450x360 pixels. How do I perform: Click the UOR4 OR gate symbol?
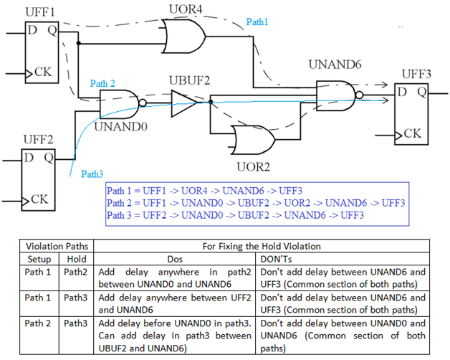click(x=183, y=36)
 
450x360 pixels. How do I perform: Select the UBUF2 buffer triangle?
click(x=183, y=103)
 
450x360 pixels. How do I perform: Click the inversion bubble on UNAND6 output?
click(x=359, y=95)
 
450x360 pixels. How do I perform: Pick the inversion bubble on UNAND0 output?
click(x=143, y=103)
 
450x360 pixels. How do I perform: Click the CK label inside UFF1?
click(x=43, y=72)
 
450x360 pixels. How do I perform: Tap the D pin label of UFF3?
click(x=402, y=92)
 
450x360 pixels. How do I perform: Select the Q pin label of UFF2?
click(x=49, y=158)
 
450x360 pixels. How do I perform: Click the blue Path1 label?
click(x=257, y=22)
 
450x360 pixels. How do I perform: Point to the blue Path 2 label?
click(x=102, y=83)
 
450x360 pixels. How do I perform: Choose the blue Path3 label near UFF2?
click(x=92, y=174)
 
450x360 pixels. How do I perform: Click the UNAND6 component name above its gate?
click(x=335, y=65)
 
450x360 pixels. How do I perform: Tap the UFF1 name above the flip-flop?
click(x=40, y=12)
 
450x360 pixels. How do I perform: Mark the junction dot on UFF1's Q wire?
click(x=78, y=43)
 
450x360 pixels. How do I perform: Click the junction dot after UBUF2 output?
click(x=211, y=102)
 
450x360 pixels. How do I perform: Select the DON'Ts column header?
click(x=276, y=259)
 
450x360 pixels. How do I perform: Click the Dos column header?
click(x=175, y=259)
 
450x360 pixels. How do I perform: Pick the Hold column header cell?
click(x=77, y=259)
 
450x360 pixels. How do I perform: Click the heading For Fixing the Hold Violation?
click(x=262, y=246)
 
